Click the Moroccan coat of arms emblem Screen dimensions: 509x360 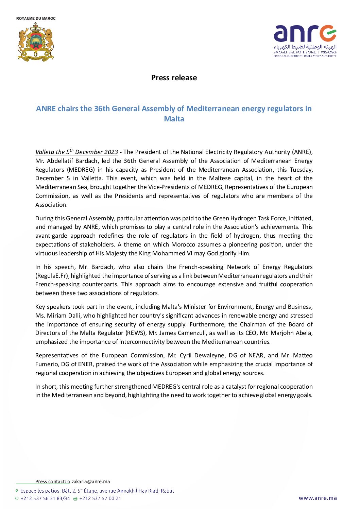(x=36, y=42)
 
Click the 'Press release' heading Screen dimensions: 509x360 (x=174, y=78)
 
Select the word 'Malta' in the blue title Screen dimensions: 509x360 (x=174, y=119)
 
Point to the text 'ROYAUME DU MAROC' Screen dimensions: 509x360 (x=36, y=18)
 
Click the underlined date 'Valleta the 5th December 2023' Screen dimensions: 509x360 (x=76, y=152)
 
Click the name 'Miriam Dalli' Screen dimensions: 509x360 (x=64, y=316)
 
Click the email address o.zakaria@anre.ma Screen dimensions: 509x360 (x=88, y=481)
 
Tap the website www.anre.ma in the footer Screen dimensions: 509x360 (x=318, y=498)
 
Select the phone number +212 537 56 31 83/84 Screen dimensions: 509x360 (x=45, y=498)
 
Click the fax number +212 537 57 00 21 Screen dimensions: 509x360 (x=100, y=498)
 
